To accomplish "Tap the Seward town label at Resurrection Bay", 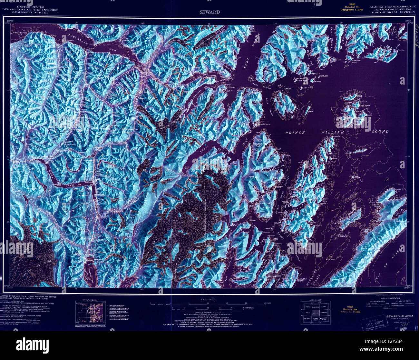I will pyautogui.click(x=89, y=260).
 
